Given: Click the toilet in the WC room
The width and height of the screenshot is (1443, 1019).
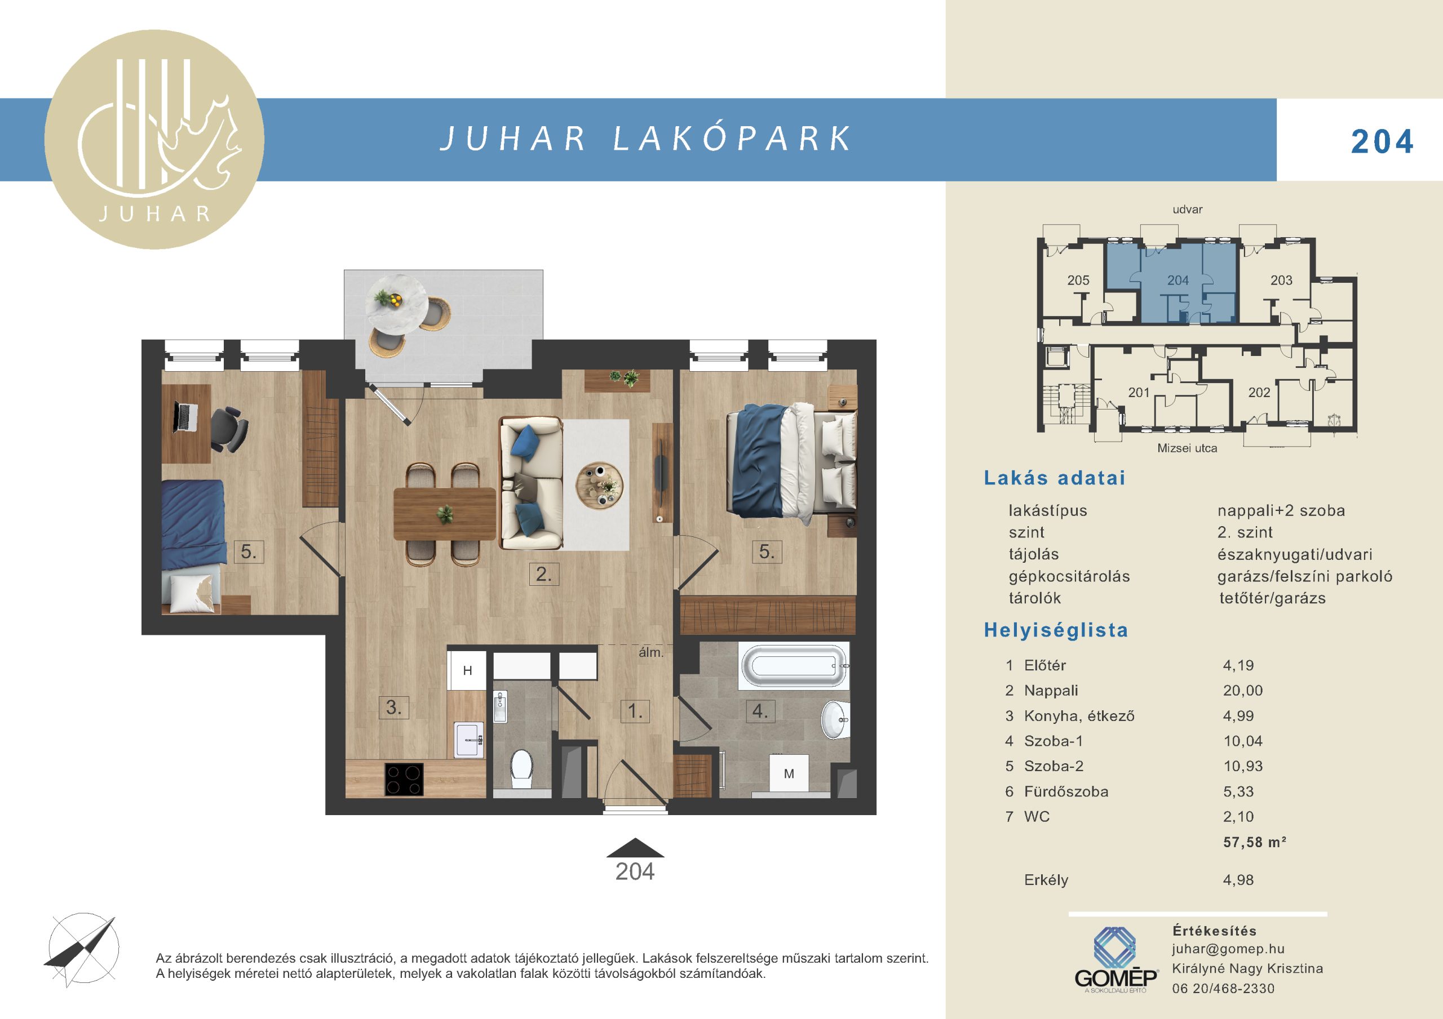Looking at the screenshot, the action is [521, 769].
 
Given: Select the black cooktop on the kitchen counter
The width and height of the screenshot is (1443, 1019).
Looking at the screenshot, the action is [404, 780].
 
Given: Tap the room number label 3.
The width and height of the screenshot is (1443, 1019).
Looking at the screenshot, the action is [394, 707].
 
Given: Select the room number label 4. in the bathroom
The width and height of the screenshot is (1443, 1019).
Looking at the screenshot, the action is [760, 711].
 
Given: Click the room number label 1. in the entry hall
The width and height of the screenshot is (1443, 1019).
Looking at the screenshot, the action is [635, 711].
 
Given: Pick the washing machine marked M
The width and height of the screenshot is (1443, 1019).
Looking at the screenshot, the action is [789, 774].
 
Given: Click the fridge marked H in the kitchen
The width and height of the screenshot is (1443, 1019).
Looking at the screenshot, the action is [467, 670].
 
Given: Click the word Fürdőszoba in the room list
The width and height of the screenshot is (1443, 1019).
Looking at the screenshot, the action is [1066, 791].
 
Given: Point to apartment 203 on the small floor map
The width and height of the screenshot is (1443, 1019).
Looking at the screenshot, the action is [1281, 280].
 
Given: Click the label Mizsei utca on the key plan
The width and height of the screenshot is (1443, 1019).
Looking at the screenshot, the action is [1187, 448].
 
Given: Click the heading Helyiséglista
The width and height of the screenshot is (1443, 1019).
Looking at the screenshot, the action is [1056, 630].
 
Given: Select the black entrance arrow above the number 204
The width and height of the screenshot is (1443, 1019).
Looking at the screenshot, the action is [635, 848].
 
